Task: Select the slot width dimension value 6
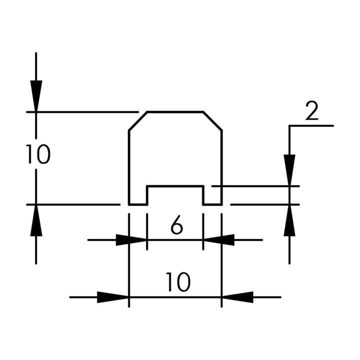coord(176,226)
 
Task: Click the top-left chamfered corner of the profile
coord(137,121)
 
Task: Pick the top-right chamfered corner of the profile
coord(212,121)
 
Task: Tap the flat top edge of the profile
coord(175,111)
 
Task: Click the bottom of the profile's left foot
coord(137,204)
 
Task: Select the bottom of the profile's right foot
coord(212,204)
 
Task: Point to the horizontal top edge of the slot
coord(175,186)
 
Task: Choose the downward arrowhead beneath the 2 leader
coord(289,170)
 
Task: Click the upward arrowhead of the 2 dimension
coord(289,220)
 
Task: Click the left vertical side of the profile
coord(129,165)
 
